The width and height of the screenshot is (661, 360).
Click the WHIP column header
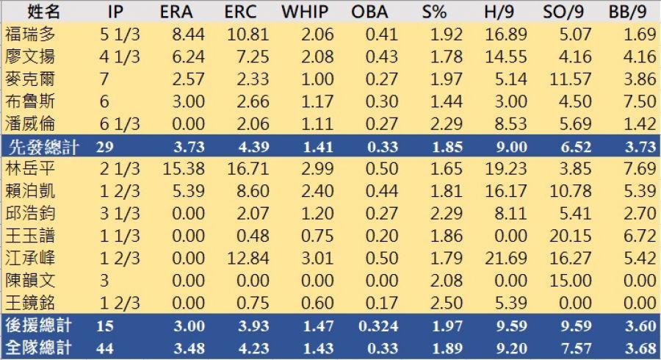304,12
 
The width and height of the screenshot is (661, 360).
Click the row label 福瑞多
29,34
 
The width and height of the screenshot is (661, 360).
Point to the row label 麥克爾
29,79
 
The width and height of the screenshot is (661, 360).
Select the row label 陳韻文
29,281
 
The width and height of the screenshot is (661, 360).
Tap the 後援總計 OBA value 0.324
375,325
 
